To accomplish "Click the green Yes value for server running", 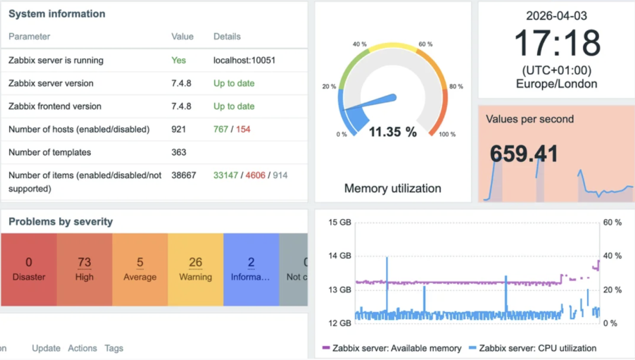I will pyautogui.click(x=179, y=61).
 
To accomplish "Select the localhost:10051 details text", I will pyautogui.click(x=244, y=61).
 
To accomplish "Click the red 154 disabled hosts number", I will pyautogui.click(x=243, y=130).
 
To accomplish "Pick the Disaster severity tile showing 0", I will pyautogui.click(x=29, y=269).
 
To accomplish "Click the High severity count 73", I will pyautogui.click(x=84, y=263).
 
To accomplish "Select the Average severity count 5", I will pyautogui.click(x=140, y=263).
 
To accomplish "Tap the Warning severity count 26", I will pyautogui.click(x=196, y=263).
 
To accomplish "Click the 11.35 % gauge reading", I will pyautogui.click(x=392, y=132).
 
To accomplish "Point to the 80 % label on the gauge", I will pyautogui.click(x=455, y=87).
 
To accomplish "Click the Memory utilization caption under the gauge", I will pyautogui.click(x=392, y=188).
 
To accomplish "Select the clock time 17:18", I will pyautogui.click(x=557, y=44).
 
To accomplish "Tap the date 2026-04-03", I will pyautogui.click(x=557, y=15).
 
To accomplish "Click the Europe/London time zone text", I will pyautogui.click(x=557, y=84).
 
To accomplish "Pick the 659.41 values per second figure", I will pyautogui.click(x=524, y=154).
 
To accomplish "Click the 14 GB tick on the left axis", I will pyautogui.click(x=340, y=256).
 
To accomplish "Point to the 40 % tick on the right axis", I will pyautogui.click(x=612, y=256).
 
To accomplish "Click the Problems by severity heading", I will pyautogui.click(x=61, y=222).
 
